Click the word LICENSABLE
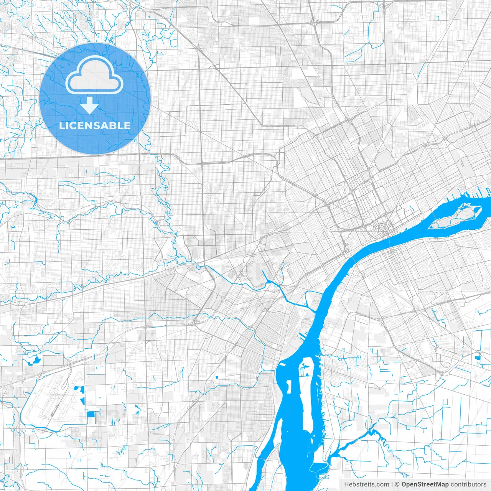coord(95,125)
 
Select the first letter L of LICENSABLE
coord(62,125)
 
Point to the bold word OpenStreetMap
coord(425,484)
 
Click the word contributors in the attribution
coord(468,484)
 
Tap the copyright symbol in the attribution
coord(397,484)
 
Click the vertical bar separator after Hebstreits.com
coord(392,484)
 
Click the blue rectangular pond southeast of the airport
coord(91,414)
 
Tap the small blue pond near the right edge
coord(477,358)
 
